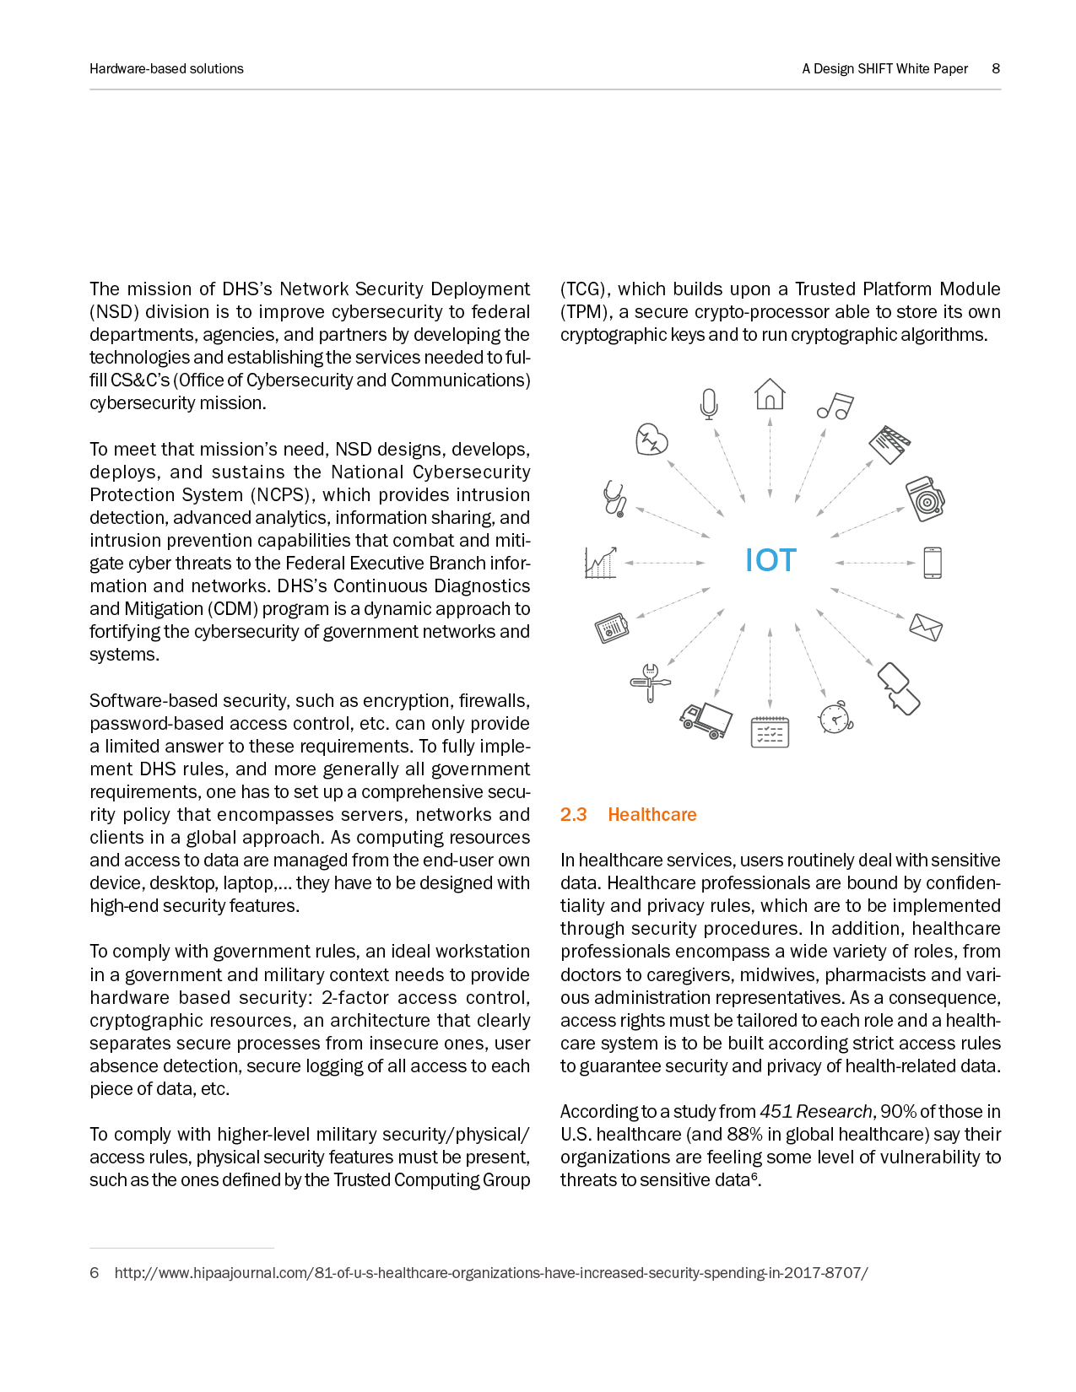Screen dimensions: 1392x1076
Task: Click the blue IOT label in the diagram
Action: point(770,561)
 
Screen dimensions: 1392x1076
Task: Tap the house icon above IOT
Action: point(770,394)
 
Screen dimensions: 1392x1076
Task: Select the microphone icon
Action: point(709,403)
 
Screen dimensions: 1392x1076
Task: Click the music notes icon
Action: point(835,407)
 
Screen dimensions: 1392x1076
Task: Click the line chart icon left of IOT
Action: point(601,562)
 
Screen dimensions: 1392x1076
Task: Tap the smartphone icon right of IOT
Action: point(932,563)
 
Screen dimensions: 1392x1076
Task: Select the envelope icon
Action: point(925,627)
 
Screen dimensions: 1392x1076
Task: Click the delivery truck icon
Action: point(706,720)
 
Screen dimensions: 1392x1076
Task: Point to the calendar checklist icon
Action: point(770,731)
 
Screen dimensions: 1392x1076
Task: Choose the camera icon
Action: point(925,498)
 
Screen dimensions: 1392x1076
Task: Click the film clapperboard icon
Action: point(889,444)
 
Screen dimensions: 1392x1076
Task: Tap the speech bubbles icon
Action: point(898,688)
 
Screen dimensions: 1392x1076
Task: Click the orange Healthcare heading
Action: point(652,815)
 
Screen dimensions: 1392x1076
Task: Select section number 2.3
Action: point(573,815)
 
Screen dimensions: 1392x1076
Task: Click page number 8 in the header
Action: point(996,68)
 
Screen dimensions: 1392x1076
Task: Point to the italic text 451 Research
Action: point(815,1112)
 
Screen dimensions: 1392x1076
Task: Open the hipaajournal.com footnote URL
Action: point(490,1273)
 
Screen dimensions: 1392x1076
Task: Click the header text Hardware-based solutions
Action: point(166,68)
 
